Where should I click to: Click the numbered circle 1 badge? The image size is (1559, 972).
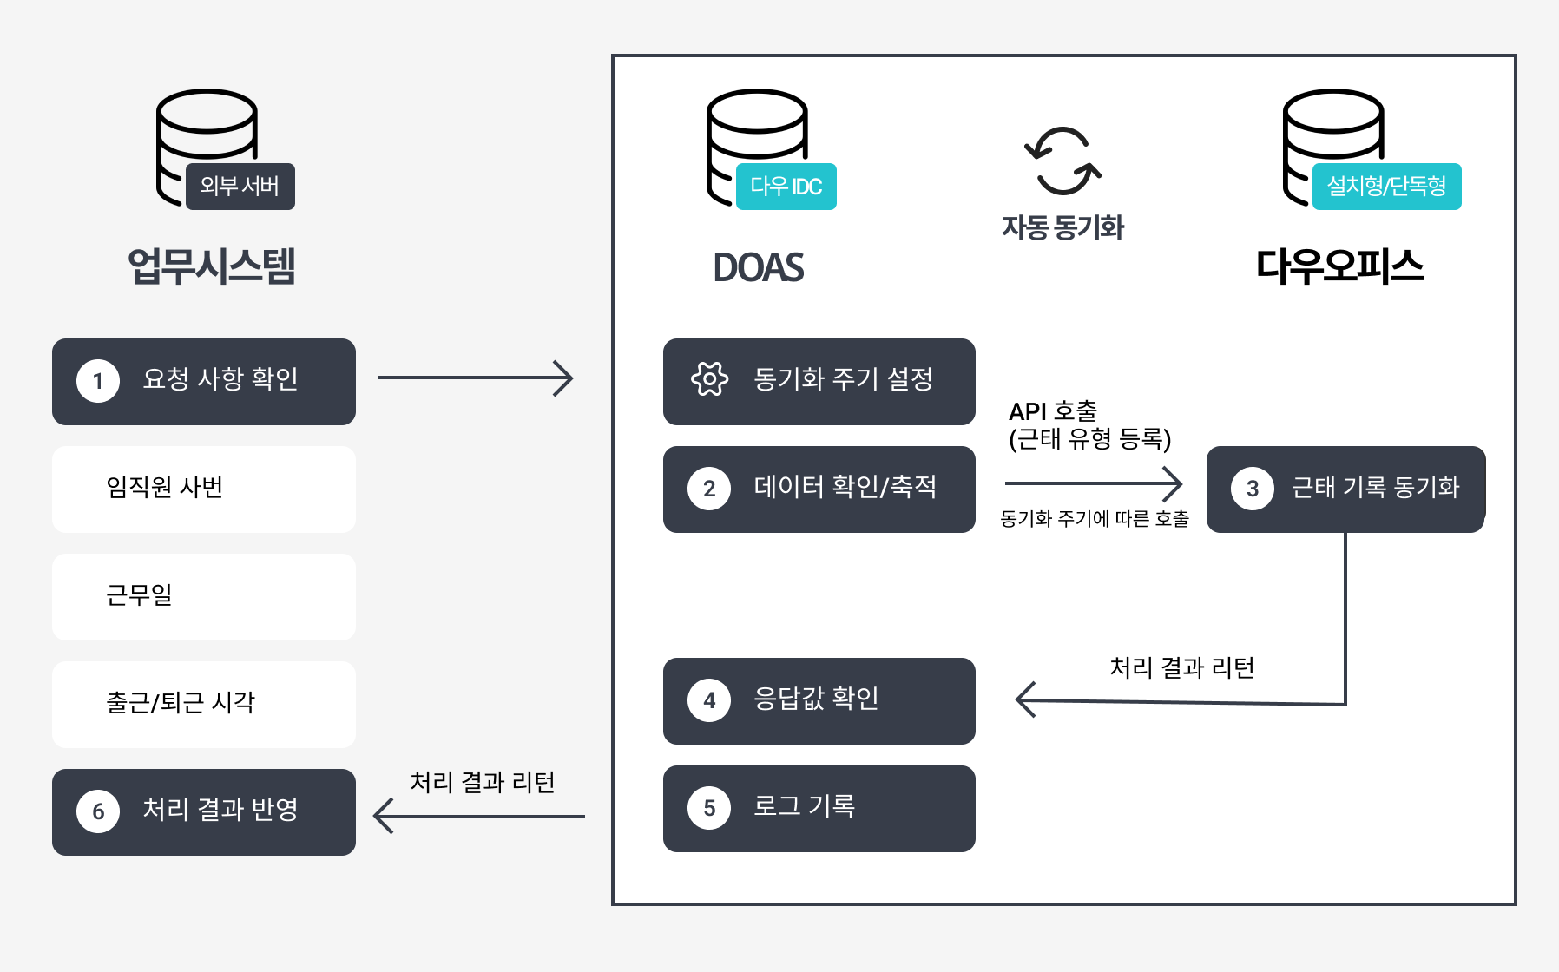pos(98,381)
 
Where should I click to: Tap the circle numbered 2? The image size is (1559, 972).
pos(709,489)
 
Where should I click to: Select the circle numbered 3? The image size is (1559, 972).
pos(1253,489)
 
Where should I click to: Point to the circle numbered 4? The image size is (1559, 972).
pos(709,700)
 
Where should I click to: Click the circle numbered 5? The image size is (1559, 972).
pos(709,808)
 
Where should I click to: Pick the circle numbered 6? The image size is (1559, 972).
pos(98,811)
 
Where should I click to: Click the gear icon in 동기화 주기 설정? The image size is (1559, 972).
pos(709,378)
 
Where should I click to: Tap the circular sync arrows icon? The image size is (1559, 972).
pos(1062,161)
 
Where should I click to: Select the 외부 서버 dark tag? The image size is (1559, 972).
pos(240,186)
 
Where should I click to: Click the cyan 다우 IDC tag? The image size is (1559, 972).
pos(786,186)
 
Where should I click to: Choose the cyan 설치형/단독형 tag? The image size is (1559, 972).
pos(1386,186)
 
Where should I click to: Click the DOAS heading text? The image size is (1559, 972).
pos(759,267)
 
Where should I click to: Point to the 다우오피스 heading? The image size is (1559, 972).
pos(1340,266)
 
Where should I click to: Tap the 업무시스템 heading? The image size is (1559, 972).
pos(212,266)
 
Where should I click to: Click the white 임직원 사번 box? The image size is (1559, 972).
pos(204,489)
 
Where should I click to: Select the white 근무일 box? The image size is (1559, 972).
pos(204,597)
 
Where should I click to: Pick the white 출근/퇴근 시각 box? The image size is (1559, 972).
pos(204,705)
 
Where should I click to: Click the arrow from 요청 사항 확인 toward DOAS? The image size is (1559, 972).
pos(476,378)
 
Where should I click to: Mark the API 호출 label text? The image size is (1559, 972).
pos(1053,410)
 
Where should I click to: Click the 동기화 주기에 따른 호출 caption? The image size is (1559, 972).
pos(1095,518)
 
